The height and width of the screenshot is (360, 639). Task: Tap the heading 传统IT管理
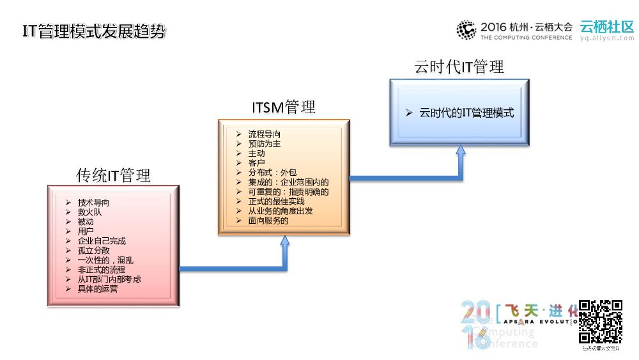[114, 175]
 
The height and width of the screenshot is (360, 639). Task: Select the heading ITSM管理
[282, 107]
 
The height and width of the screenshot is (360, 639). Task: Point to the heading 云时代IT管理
[459, 67]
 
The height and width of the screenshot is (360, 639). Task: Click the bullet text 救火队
[89, 212]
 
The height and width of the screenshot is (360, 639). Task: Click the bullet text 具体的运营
[98, 289]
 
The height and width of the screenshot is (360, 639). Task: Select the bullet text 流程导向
[264, 134]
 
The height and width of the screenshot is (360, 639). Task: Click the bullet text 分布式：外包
[272, 173]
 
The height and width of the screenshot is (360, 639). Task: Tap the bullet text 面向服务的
[268, 221]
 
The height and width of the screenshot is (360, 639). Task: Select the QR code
[601, 321]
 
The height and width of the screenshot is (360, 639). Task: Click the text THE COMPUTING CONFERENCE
[527, 38]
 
